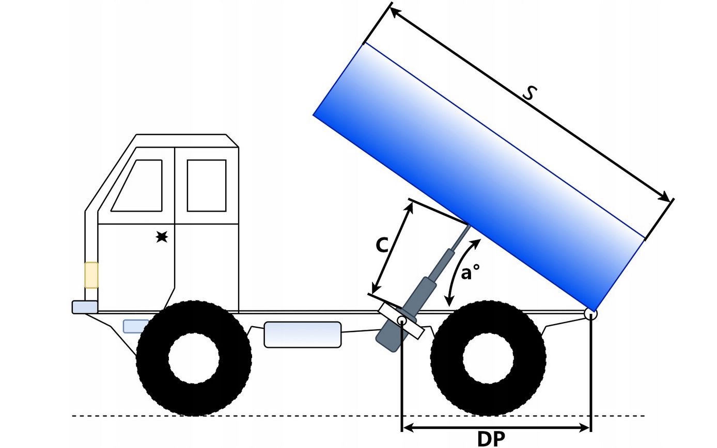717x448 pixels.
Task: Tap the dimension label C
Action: (382, 245)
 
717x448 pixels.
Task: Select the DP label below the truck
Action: (491, 439)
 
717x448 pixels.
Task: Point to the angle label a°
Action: (470, 273)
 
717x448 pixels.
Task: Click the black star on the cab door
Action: (162, 237)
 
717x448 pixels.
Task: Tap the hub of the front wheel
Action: (194, 358)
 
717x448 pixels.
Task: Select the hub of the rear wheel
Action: (488, 358)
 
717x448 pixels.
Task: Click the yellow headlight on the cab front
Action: (91, 275)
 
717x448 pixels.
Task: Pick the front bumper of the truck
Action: (85, 307)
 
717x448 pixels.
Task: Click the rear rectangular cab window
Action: (207, 185)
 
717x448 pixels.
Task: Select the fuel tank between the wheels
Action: (303, 334)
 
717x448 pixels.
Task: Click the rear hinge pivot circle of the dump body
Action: (590, 314)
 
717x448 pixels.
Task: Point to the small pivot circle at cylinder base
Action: (402, 320)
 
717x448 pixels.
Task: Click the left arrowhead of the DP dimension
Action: (408, 427)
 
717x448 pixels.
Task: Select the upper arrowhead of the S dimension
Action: (395, 12)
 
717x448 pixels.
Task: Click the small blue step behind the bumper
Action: (136, 326)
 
